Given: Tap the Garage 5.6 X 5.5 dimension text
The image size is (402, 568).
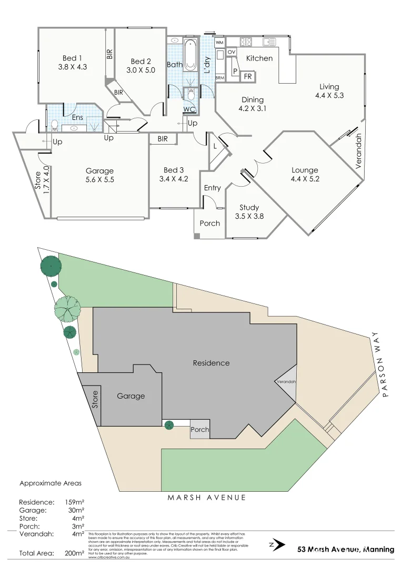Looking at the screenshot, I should (x=99, y=179).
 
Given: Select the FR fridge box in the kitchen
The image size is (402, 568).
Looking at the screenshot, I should (x=248, y=77).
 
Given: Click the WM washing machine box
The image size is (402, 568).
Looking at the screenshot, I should (x=220, y=42).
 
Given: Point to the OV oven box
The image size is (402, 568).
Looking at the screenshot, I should (x=232, y=53).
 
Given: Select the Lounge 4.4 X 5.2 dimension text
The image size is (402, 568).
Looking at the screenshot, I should (x=305, y=179).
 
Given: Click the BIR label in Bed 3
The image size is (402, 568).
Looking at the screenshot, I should (x=163, y=139).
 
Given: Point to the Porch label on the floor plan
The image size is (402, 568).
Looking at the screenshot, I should (x=210, y=224).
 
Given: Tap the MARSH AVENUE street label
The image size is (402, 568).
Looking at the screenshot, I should (x=206, y=498).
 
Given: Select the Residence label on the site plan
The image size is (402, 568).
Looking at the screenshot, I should (x=211, y=363).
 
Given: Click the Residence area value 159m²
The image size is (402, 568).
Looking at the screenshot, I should (x=74, y=502).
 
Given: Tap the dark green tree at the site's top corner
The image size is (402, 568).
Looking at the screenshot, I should (x=51, y=266).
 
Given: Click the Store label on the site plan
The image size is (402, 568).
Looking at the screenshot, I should (x=95, y=400).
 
